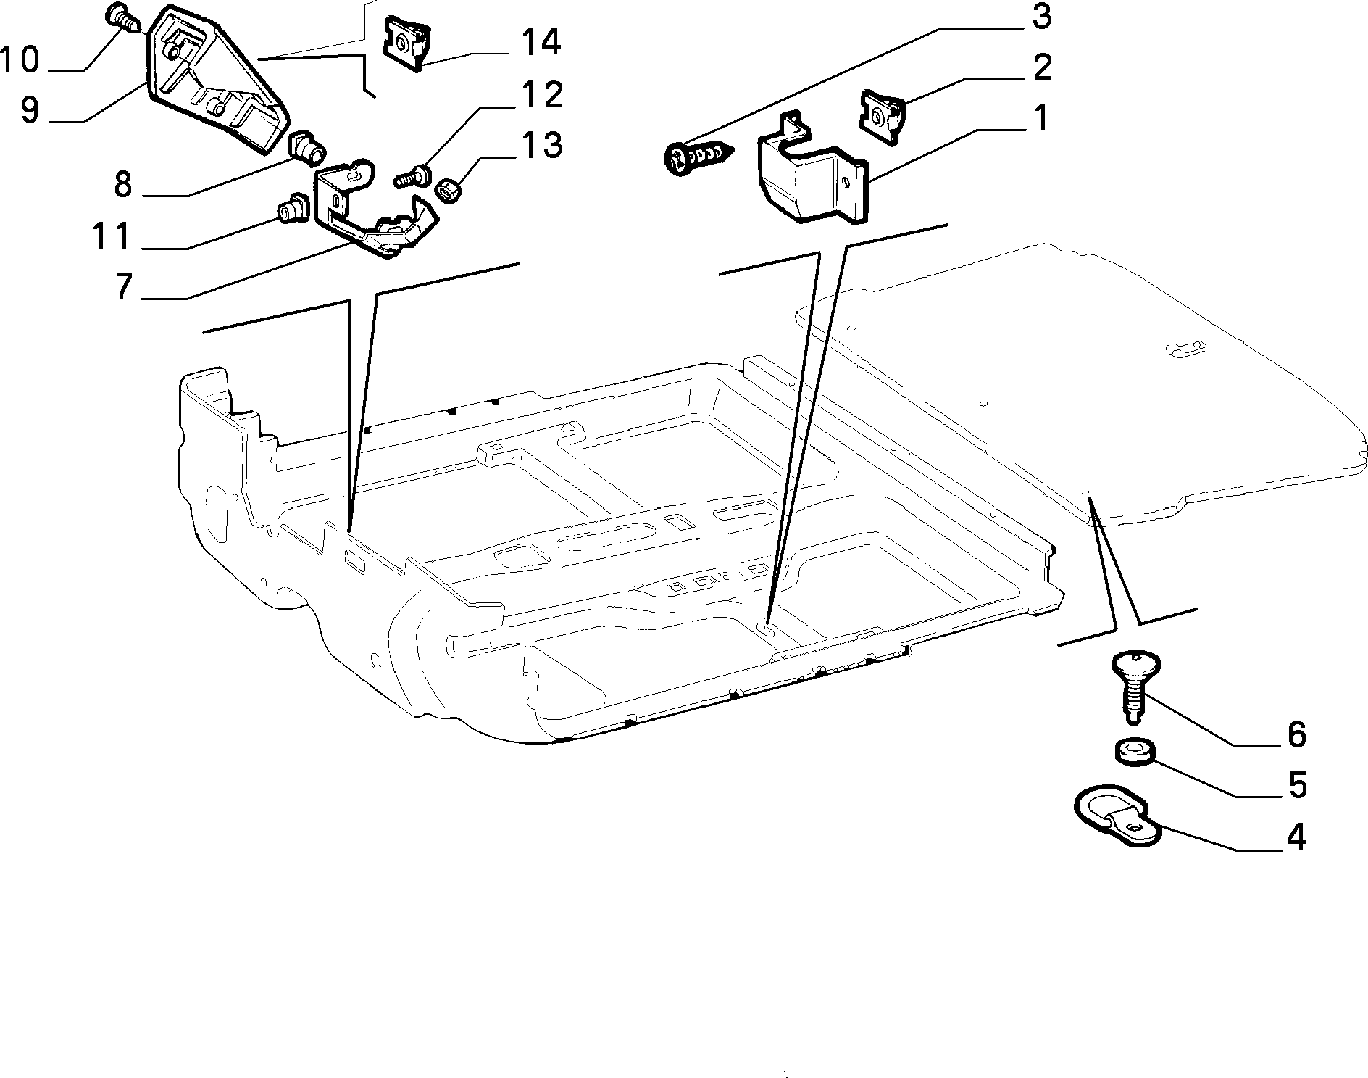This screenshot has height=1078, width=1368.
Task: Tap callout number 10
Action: (x=20, y=59)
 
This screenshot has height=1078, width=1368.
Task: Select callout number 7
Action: (x=124, y=286)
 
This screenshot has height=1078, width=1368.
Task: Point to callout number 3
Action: (x=1040, y=17)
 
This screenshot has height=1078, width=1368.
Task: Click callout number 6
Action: (x=1296, y=734)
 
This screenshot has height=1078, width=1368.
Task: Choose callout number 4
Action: (x=1296, y=837)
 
